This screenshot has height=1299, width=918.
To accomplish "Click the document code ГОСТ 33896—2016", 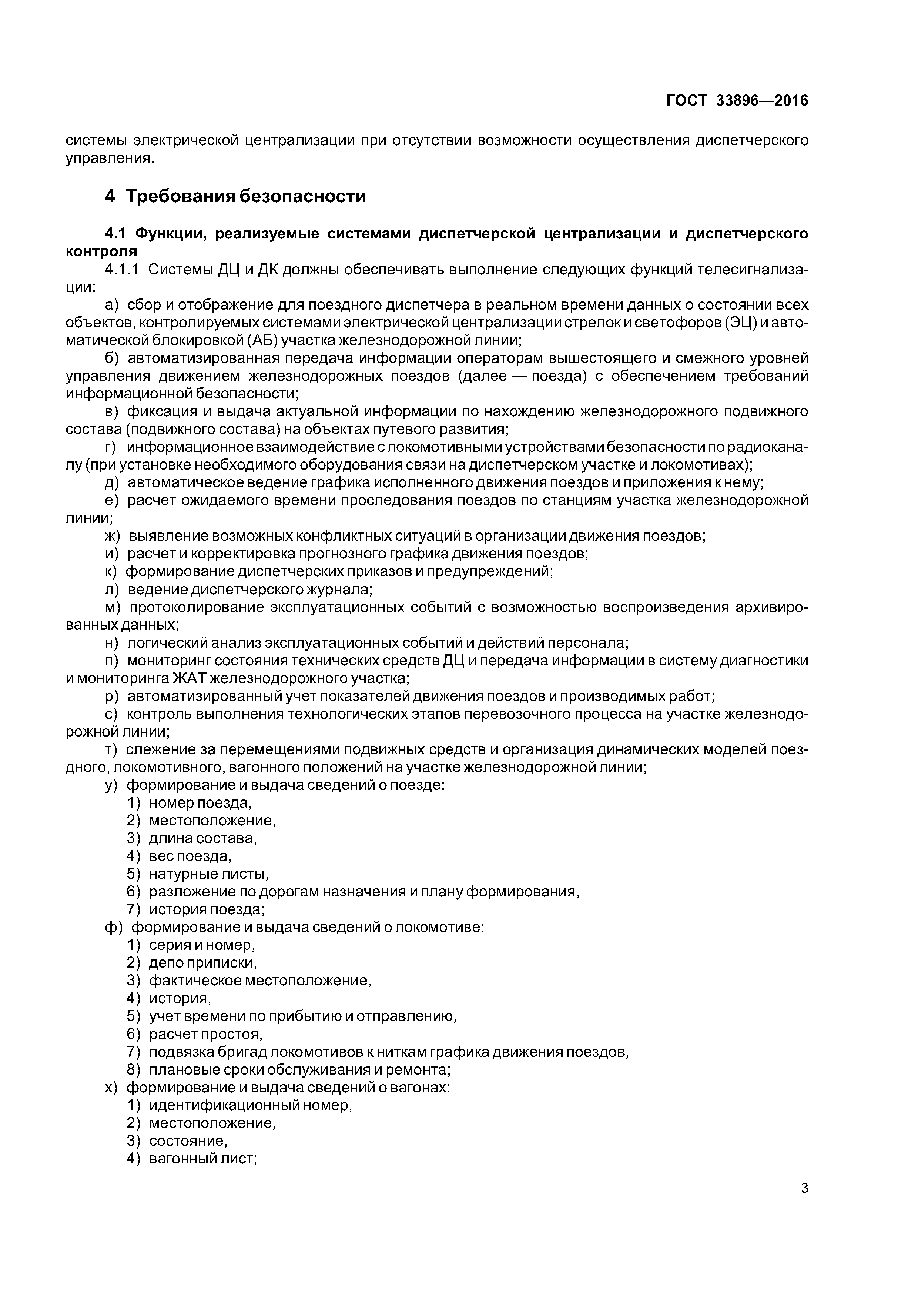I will pos(737,101).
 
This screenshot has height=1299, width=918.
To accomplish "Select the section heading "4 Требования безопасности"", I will pos(235,196).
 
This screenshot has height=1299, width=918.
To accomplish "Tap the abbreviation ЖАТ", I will pos(190,678).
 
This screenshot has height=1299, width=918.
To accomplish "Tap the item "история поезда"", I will pos(207,909).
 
